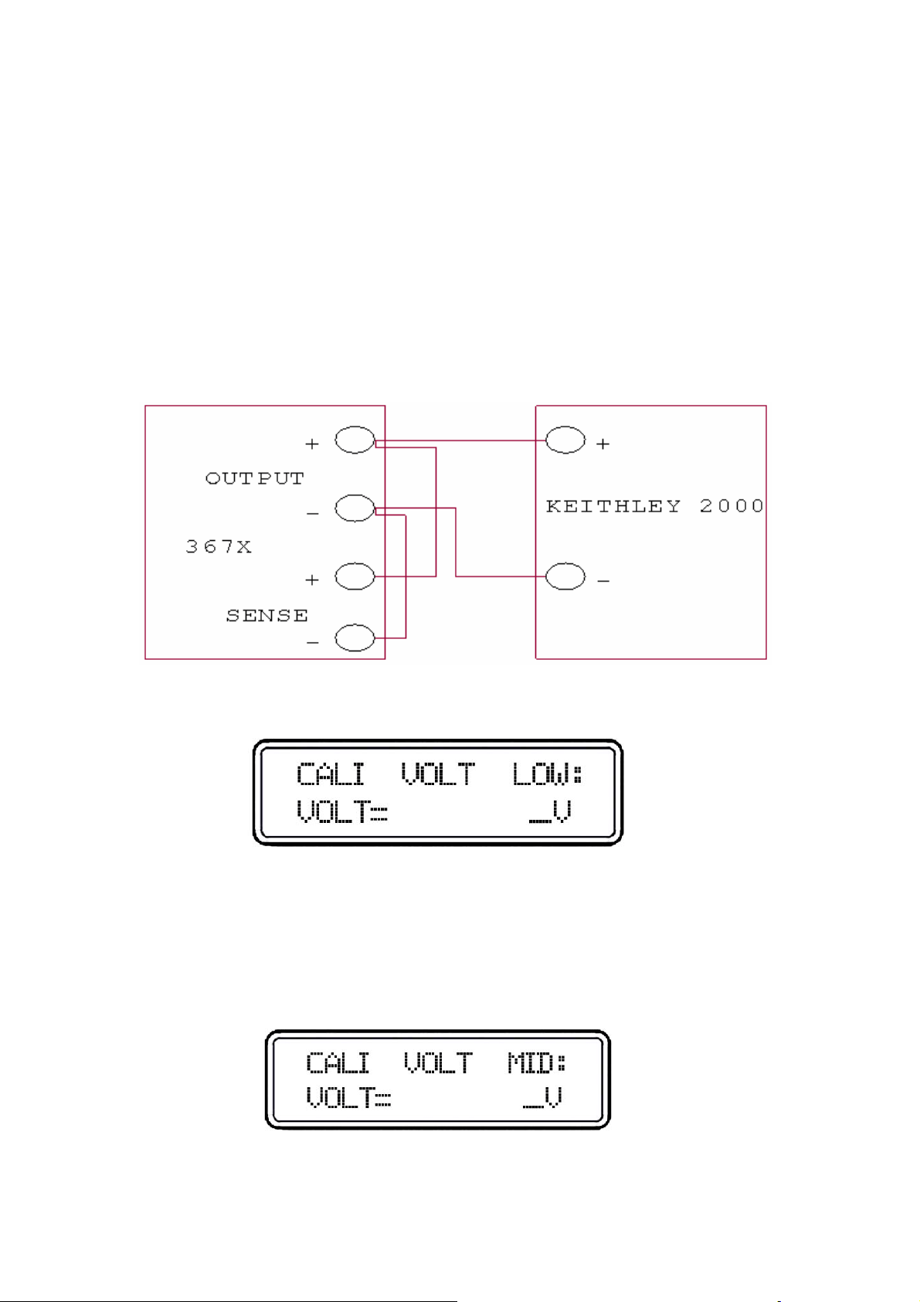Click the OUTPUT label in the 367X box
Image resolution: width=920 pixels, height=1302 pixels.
pyautogui.click(x=255, y=478)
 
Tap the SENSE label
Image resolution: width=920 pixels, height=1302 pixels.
pyautogui.click(x=266, y=616)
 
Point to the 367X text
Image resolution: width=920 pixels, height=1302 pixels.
pyautogui.click(x=219, y=547)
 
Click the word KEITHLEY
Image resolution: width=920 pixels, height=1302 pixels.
pyautogui.click(x=613, y=506)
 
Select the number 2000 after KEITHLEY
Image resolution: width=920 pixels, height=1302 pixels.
pyautogui.click(x=732, y=506)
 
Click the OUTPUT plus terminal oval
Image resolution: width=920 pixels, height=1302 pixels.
pyautogui.click(x=355, y=440)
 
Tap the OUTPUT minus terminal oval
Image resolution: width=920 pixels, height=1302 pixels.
pyautogui.click(x=355, y=508)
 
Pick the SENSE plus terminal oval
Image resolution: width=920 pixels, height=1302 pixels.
pyautogui.click(x=355, y=576)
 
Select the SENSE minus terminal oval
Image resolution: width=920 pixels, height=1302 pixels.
pyautogui.click(x=355, y=637)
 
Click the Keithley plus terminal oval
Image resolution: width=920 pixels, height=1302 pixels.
pyautogui.click(x=565, y=440)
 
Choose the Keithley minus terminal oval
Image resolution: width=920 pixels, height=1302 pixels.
pyautogui.click(x=565, y=576)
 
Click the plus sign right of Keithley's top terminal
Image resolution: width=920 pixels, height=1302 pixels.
pyautogui.click(x=603, y=444)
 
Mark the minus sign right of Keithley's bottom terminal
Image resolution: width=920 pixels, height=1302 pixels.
pyautogui.click(x=604, y=580)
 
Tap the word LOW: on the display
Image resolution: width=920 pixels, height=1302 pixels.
pyautogui.click(x=548, y=774)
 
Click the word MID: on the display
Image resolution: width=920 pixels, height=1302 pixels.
pyautogui.click(x=536, y=1064)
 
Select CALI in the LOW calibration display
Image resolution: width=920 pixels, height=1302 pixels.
pyautogui.click(x=331, y=774)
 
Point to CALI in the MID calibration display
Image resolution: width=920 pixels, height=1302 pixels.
pyautogui.click(x=338, y=1064)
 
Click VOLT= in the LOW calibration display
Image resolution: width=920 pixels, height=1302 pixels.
pyautogui.click(x=341, y=811)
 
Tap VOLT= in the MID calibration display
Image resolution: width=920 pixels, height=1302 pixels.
pyautogui.click(x=348, y=1097)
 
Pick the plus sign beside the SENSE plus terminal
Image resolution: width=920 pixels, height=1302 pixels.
pyautogui.click(x=312, y=580)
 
